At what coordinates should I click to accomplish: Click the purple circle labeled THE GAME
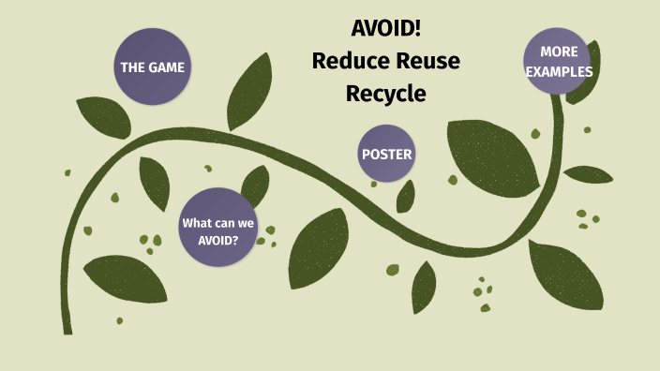[x=151, y=67]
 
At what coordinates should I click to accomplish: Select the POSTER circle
[x=386, y=154]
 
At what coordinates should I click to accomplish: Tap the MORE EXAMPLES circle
[x=559, y=60]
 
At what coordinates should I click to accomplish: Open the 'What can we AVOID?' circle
[x=217, y=227]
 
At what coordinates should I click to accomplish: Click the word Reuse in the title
[x=427, y=61]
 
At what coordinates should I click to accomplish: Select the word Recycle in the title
[x=385, y=94]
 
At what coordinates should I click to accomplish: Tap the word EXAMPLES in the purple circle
[x=559, y=71]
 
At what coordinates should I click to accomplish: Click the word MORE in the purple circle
[x=559, y=51]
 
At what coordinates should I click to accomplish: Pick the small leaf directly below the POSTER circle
[x=406, y=196]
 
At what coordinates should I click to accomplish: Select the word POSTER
[x=386, y=154]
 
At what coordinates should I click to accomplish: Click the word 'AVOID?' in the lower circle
[x=217, y=239]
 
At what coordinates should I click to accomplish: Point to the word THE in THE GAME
[x=131, y=67]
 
